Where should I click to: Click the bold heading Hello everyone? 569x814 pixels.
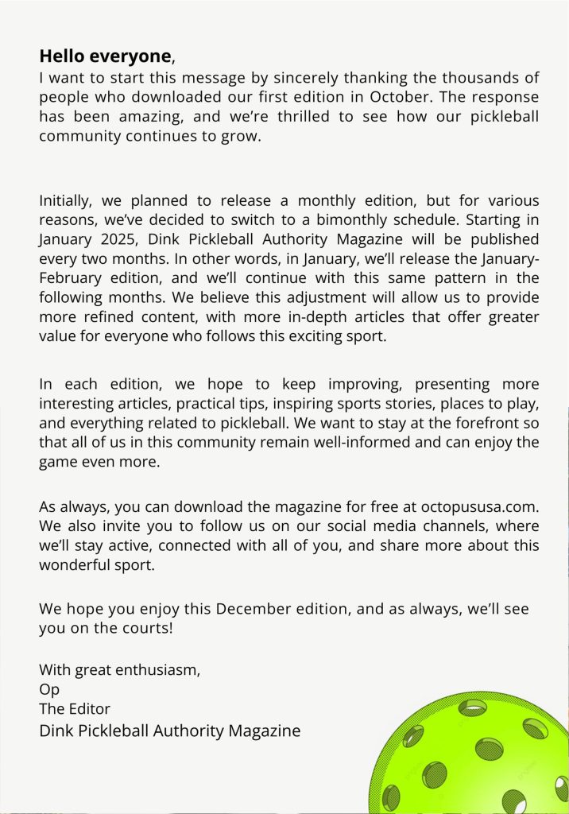pos(105,56)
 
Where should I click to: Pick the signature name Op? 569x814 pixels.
pos(49,689)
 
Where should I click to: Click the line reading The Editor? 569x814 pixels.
pos(75,708)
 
